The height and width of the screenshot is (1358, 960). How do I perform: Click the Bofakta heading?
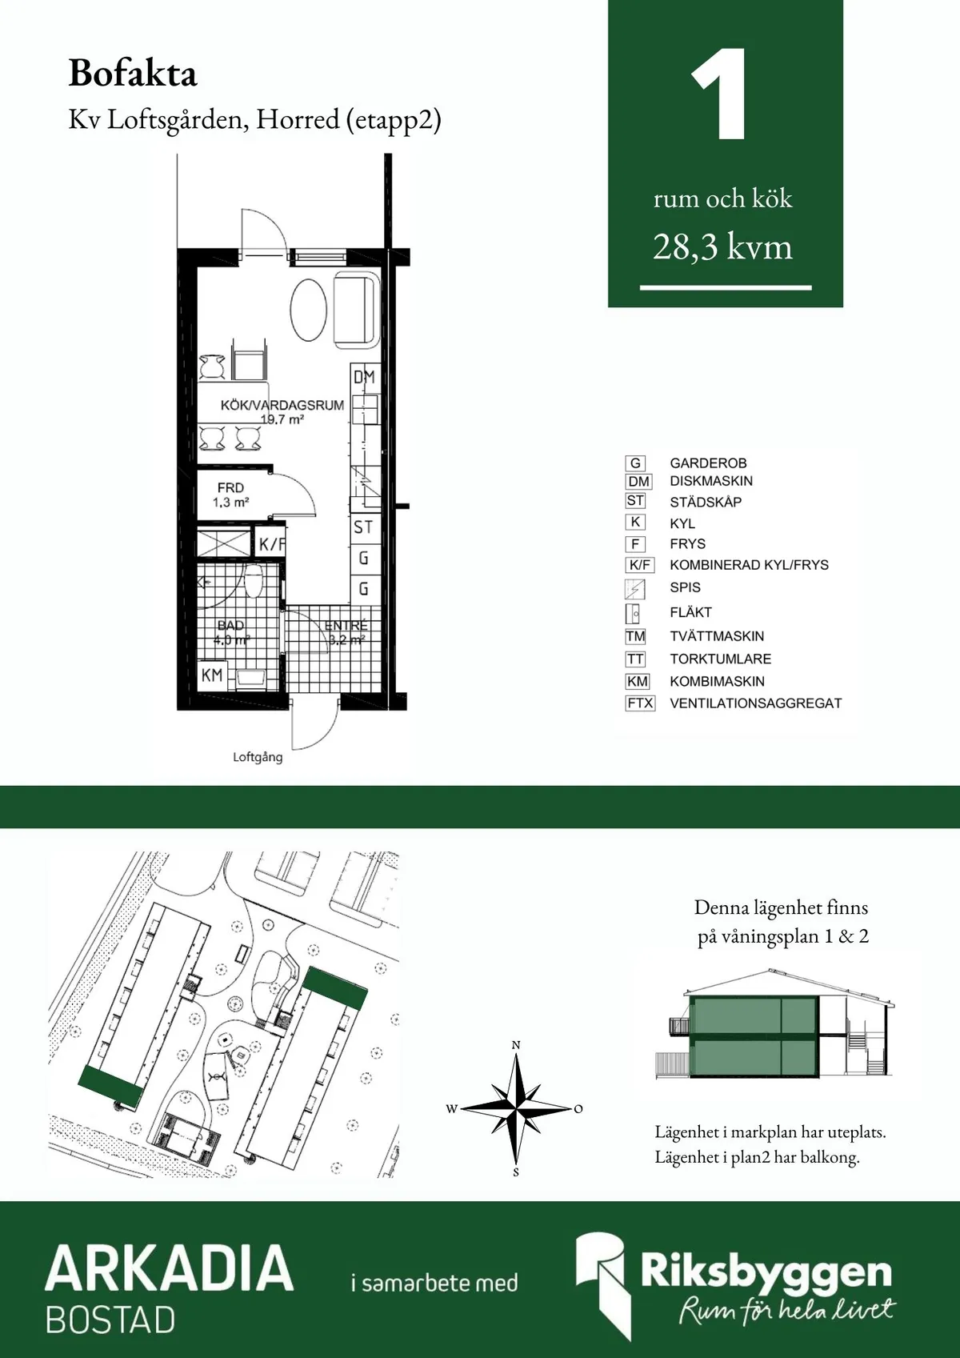click(133, 74)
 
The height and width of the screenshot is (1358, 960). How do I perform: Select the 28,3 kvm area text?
click(722, 247)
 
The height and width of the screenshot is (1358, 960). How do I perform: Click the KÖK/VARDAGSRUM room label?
click(282, 406)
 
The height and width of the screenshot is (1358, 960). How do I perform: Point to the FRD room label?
click(230, 487)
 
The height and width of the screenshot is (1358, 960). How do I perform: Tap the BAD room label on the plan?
click(230, 625)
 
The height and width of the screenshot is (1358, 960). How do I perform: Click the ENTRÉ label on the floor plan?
click(346, 626)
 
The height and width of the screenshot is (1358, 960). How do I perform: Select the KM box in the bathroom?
click(212, 675)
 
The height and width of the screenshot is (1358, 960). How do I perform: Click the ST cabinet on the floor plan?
click(363, 527)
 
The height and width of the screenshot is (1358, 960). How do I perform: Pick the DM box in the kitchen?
click(364, 376)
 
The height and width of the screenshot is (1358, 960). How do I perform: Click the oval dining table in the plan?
click(308, 310)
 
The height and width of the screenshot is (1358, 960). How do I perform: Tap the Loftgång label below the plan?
click(258, 757)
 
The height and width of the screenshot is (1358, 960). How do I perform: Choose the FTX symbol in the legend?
click(640, 703)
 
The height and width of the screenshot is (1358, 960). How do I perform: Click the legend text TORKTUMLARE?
click(720, 659)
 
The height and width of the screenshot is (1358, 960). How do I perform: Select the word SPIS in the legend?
click(685, 587)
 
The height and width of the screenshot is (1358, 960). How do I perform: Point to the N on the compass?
click(516, 1045)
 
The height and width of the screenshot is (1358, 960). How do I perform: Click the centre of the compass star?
click(517, 1108)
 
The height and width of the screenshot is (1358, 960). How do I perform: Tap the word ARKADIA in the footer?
click(170, 1268)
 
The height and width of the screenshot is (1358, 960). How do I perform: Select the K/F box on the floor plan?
click(270, 545)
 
